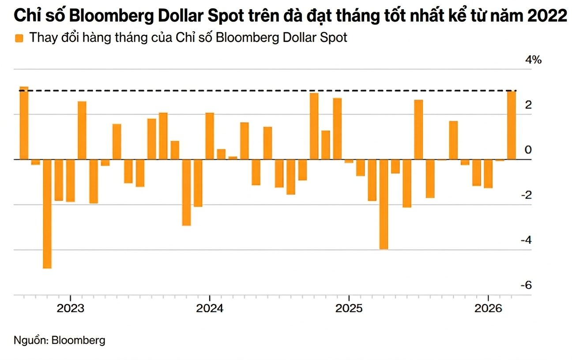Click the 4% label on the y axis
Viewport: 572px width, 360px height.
[x=532, y=60]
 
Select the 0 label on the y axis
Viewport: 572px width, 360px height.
[x=528, y=150]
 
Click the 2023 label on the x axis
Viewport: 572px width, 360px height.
[x=71, y=308]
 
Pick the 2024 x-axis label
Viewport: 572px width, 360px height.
[x=210, y=308]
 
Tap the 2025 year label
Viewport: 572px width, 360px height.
[x=349, y=308]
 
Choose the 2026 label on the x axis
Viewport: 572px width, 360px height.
[x=488, y=308]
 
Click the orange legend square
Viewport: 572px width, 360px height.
[x=19, y=38]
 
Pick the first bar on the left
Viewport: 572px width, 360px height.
[x=24, y=123]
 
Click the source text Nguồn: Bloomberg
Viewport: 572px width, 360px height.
[x=60, y=340]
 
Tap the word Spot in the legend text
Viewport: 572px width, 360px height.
[x=333, y=38]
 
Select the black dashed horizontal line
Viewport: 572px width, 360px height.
[x=265, y=91]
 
